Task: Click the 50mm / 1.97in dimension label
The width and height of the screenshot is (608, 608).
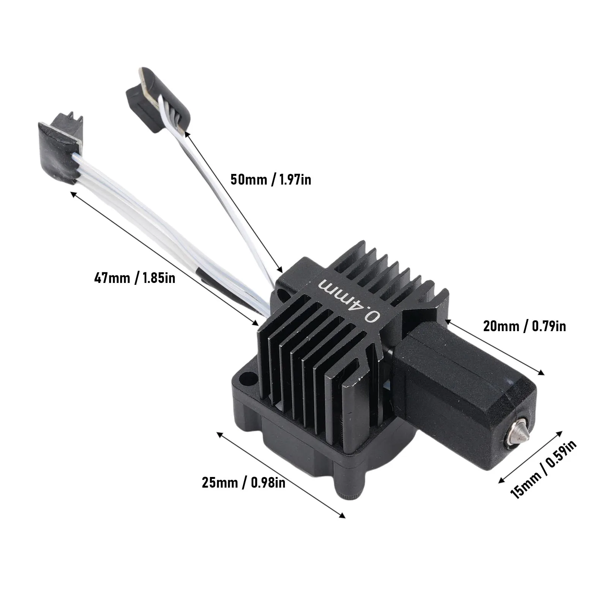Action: pos(271,179)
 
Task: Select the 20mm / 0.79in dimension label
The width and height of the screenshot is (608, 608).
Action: pos(524,326)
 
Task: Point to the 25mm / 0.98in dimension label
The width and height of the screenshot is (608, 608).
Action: pos(243,483)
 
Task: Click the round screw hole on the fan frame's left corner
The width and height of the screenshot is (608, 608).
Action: pos(248,378)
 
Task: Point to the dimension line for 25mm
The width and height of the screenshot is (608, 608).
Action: pos(281,475)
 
